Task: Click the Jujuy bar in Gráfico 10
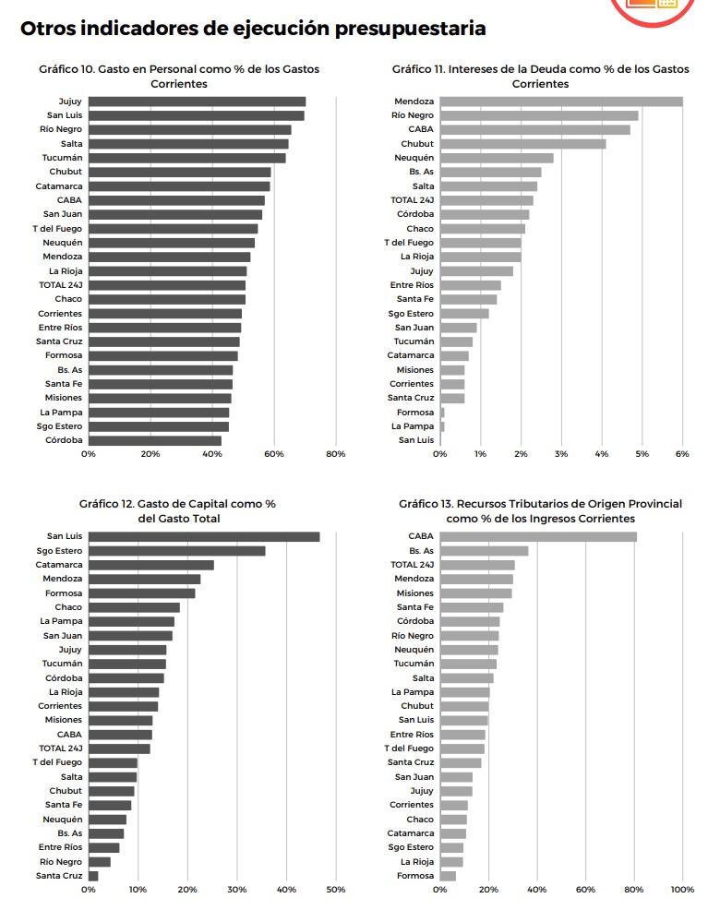[197, 102]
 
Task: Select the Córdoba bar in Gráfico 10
[155, 440]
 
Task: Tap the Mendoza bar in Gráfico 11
[561, 102]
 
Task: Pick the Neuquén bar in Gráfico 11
[497, 158]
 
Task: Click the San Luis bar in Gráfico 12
[204, 537]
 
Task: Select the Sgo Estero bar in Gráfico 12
[177, 551]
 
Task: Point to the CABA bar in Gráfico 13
[538, 537]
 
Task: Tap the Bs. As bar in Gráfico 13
[484, 551]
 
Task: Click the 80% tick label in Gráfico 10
[336, 454]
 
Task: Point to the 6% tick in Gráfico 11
[682, 454]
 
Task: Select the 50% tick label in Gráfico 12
[336, 890]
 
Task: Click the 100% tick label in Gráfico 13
[682, 890]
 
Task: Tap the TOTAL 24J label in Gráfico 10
[61, 285]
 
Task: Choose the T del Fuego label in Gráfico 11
[409, 243]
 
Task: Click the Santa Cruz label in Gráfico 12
[59, 876]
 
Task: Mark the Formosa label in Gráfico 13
[415, 876]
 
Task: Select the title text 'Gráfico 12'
[106, 504]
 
